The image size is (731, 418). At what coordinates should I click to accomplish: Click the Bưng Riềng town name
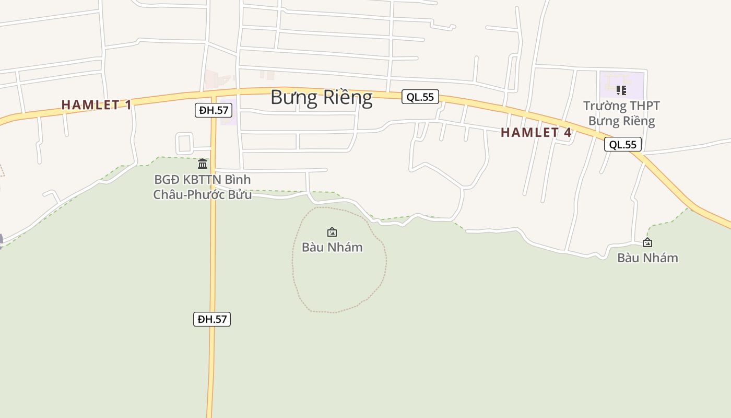tap(321, 98)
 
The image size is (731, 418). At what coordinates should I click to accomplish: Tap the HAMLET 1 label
tap(96, 104)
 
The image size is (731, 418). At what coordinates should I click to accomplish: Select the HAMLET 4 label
tap(536, 132)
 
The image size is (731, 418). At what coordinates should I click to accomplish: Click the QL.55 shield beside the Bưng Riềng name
tap(420, 97)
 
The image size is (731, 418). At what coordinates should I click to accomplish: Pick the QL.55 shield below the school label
tap(622, 144)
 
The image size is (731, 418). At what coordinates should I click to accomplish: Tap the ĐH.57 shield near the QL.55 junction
tap(213, 110)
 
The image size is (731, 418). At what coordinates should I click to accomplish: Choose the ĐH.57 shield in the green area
tap(211, 319)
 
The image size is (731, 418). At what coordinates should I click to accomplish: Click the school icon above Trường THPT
tap(621, 90)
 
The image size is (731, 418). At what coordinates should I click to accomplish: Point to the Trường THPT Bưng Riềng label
tap(621, 113)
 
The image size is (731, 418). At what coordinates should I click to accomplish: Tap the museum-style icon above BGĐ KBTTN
tap(203, 164)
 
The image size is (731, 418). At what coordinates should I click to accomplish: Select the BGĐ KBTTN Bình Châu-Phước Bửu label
tap(202, 187)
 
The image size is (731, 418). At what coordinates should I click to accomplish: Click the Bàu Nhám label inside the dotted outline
tap(332, 247)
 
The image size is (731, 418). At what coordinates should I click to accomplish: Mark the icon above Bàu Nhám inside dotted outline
tap(332, 232)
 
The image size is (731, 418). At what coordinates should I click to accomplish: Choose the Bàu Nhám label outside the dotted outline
tap(647, 258)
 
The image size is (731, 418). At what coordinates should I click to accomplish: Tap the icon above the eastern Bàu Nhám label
tap(647, 242)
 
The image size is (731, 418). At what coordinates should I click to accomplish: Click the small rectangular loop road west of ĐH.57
tap(184, 143)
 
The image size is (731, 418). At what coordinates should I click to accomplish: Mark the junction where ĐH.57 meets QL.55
tap(214, 95)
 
